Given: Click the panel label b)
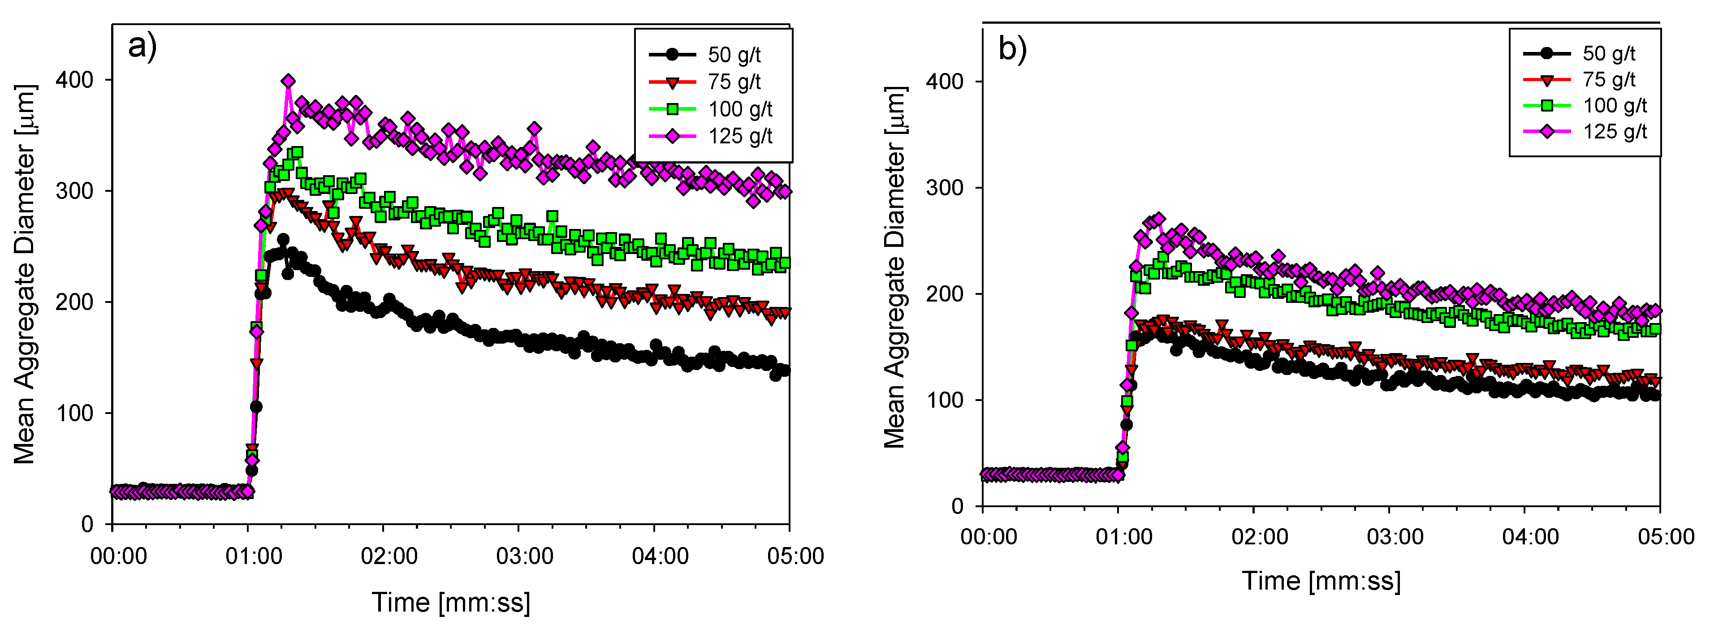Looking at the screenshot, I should click(1012, 49).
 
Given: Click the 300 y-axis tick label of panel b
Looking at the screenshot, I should click(944, 188).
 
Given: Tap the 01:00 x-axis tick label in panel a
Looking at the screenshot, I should click(254, 556).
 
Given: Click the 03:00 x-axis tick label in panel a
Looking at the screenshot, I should click(524, 556).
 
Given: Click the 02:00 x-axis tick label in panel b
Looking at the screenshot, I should click(1259, 537).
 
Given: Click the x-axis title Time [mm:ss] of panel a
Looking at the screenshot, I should click(451, 603).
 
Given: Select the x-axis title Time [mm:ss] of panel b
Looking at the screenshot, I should click(1321, 581).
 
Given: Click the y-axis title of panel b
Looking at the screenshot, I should click(895, 267).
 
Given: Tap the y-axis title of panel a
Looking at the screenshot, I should click(25, 274).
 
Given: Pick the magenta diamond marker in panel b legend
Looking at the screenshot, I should click(1547, 131).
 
